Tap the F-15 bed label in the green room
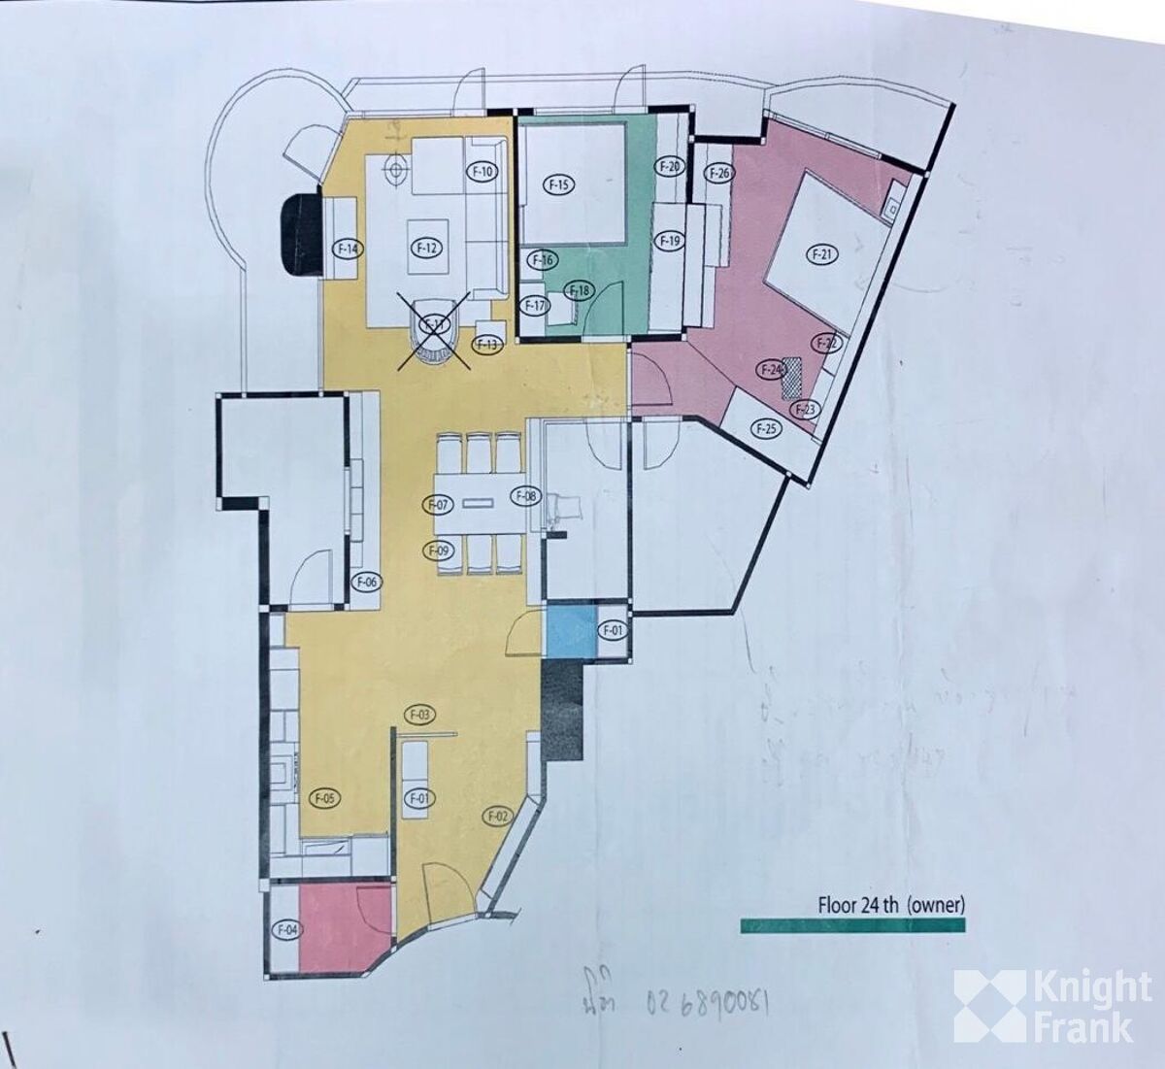pyautogui.click(x=560, y=184)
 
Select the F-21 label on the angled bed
pyautogui.click(x=821, y=255)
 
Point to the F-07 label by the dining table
pyautogui.click(x=439, y=504)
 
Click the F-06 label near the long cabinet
pyautogui.click(x=367, y=583)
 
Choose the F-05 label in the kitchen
pyautogui.click(x=324, y=798)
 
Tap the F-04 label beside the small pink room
pyautogui.click(x=287, y=929)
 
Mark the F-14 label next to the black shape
pyautogui.click(x=349, y=249)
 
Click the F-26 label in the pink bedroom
pyautogui.click(x=719, y=174)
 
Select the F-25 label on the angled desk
pyautogui.click(x=766, y=429)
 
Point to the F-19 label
pyautogui.click(x=670, y=240)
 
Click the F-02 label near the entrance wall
pyautogui.click(x=497, y=817)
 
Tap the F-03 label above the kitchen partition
pyautogui.click(x=419, y=716)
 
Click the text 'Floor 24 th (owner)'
pyautogui.click(x=890, y=905)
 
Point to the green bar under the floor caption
pyautogui.click(x=852, y=925)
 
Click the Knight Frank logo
pyautogui.click(x=1052, y=1006)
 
